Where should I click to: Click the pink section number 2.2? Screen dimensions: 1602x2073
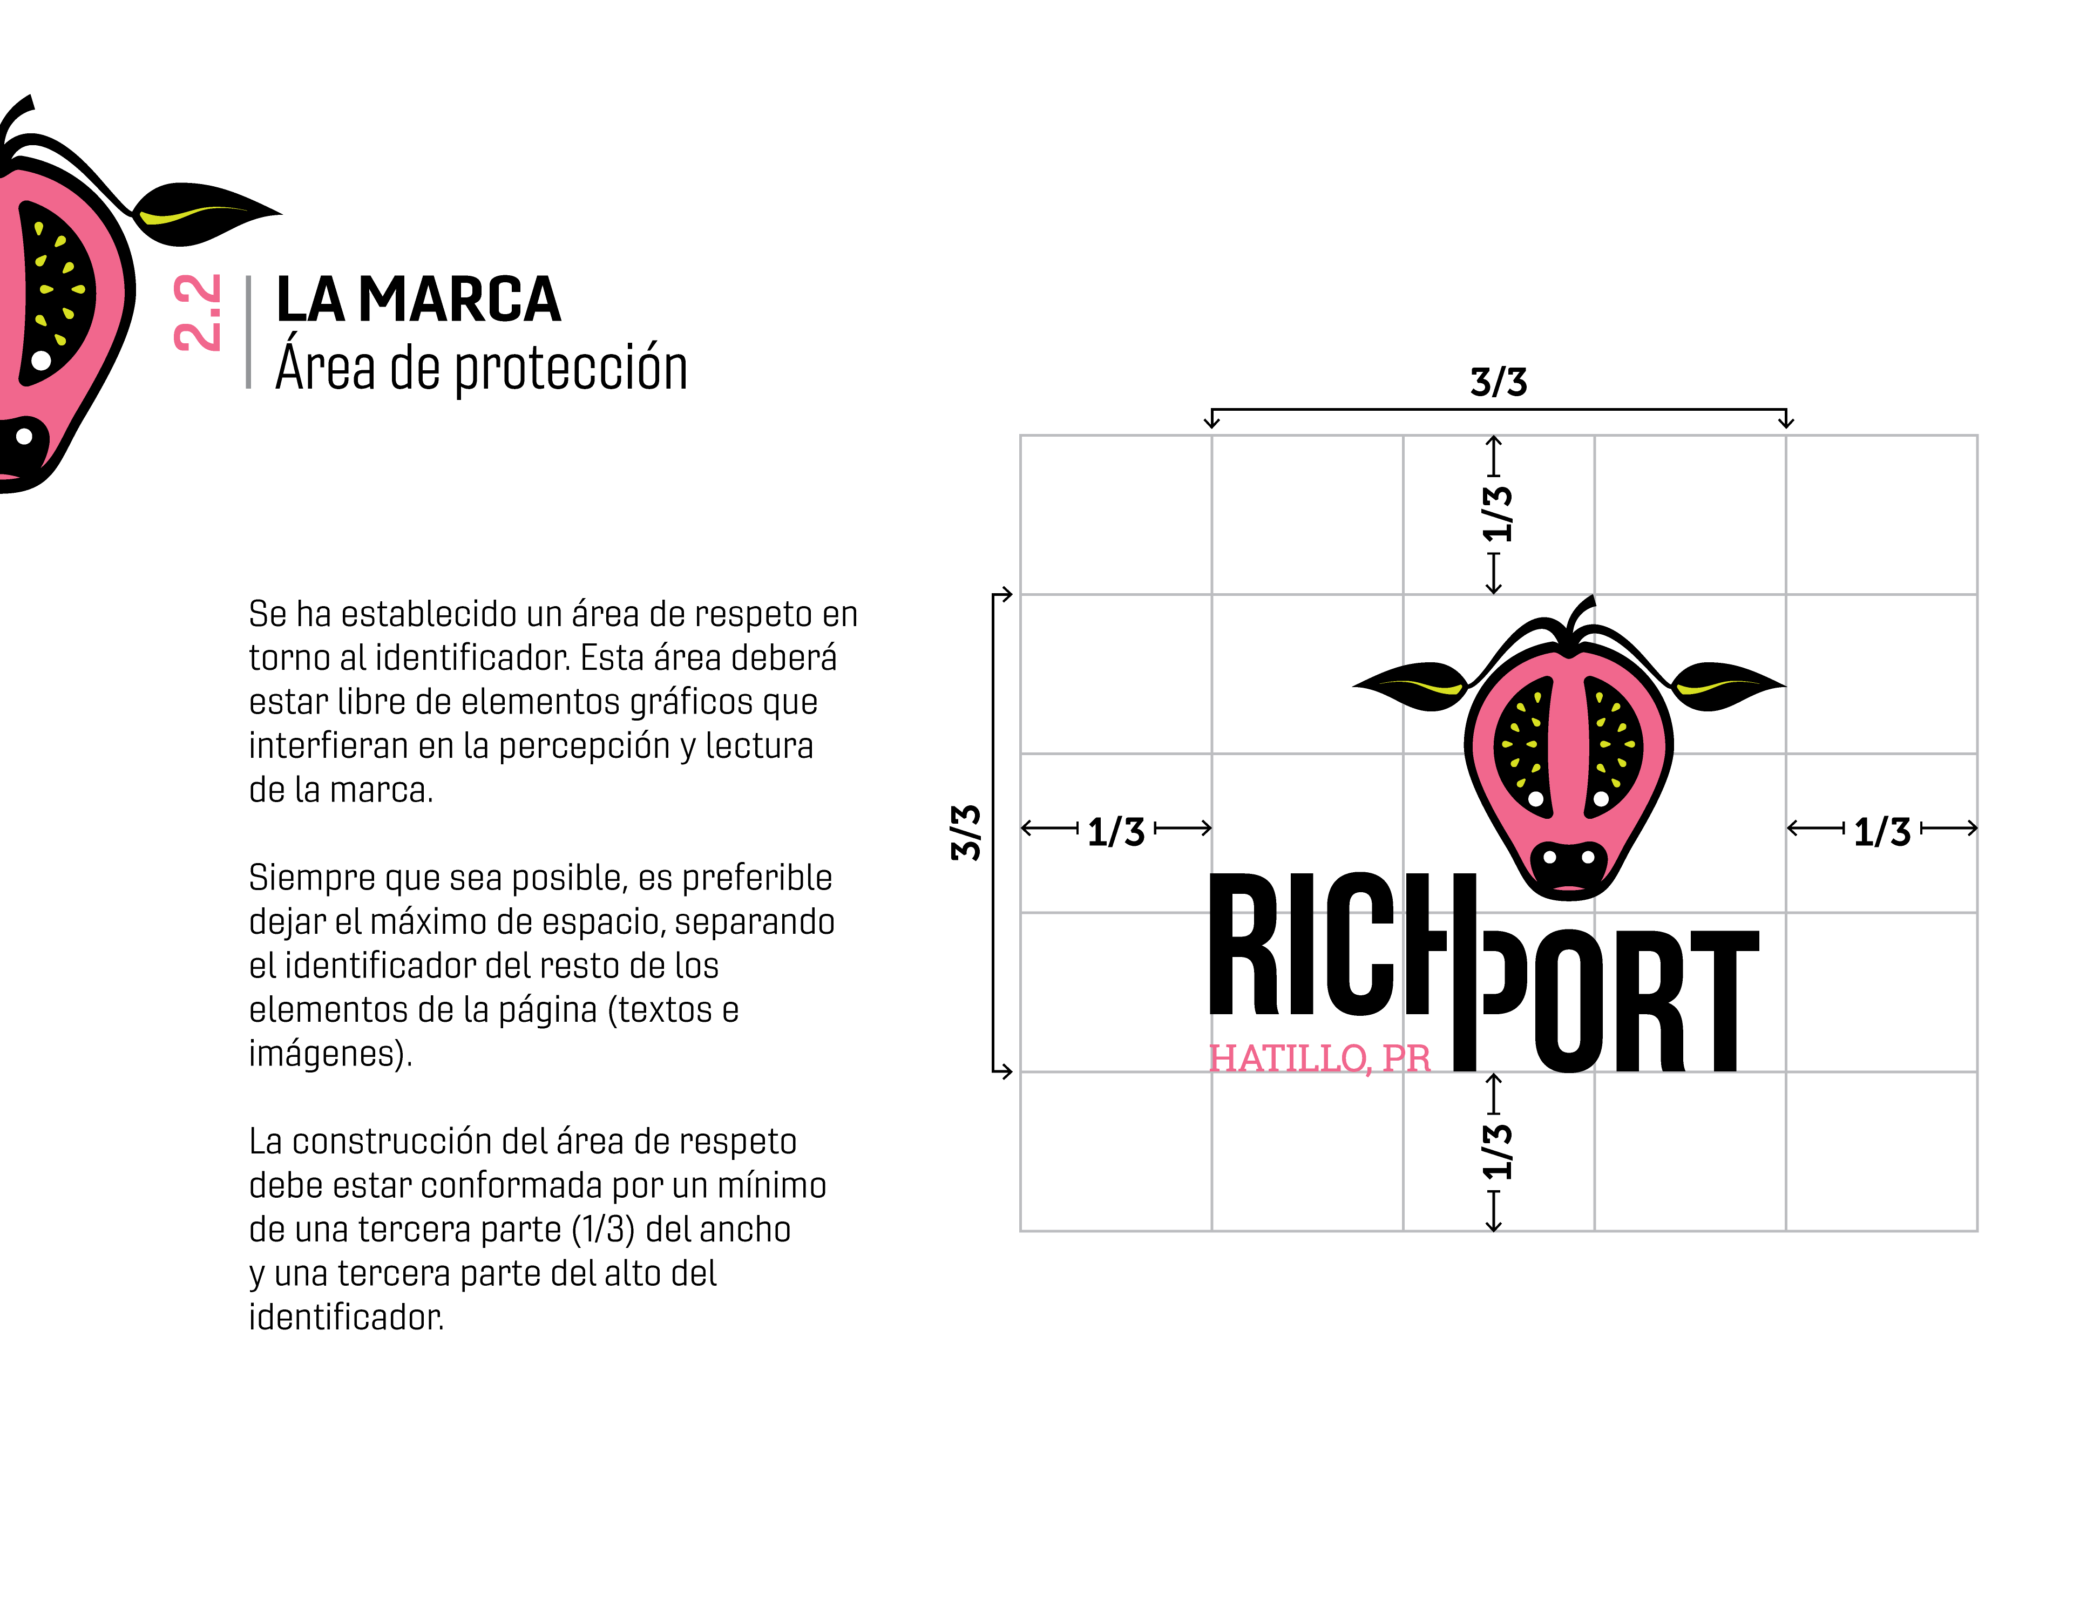[x=198, y=313]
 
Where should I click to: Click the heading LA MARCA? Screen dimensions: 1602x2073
[x=418, y=300]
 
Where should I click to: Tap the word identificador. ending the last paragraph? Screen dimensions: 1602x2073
[x=347, y=1318]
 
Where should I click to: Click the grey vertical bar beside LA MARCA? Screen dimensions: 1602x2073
[x=249, y=332]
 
